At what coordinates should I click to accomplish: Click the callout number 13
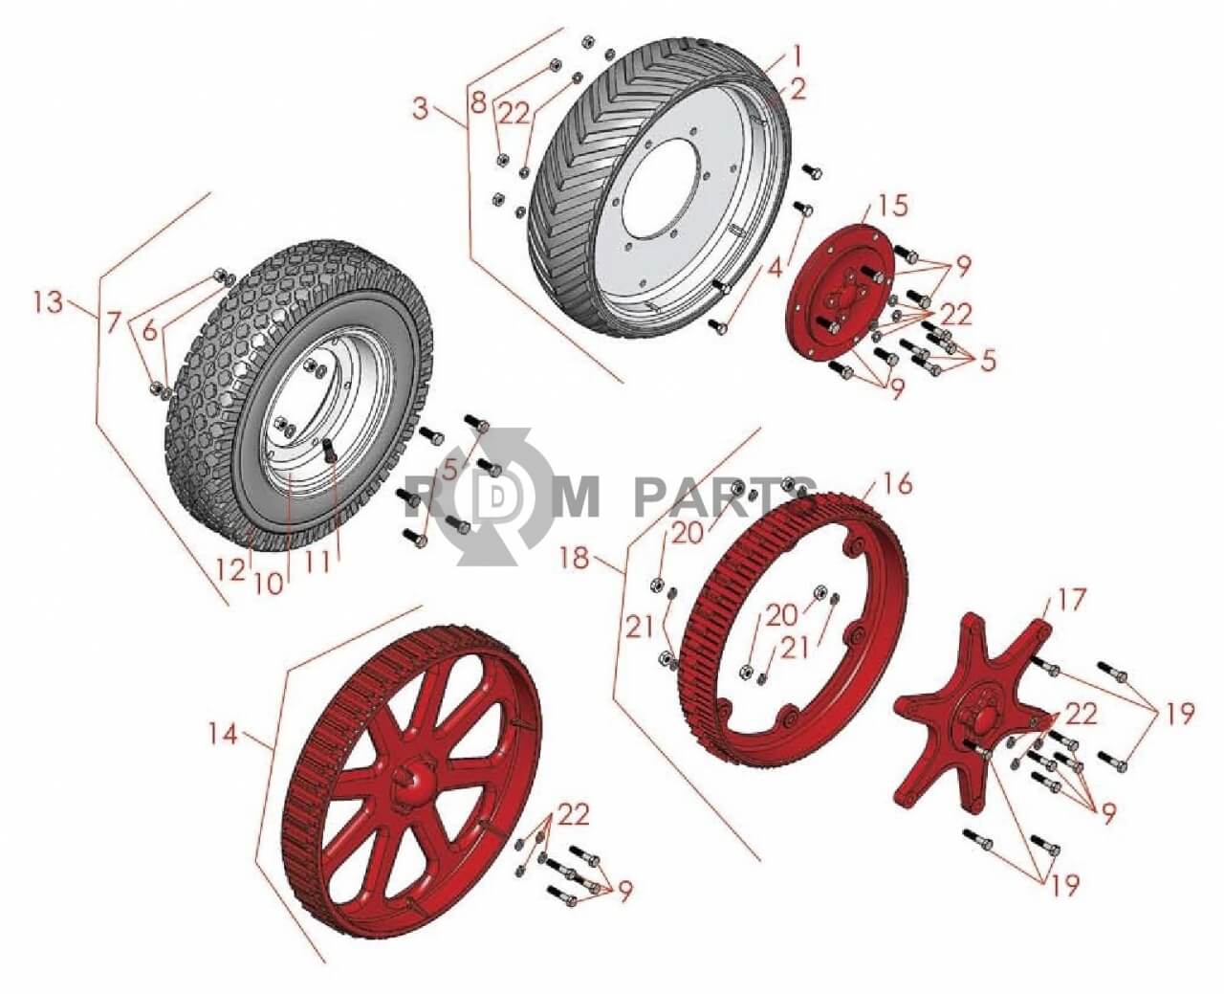point(48,301)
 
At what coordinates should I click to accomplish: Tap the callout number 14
point(223,734)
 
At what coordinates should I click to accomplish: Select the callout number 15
point(892,206)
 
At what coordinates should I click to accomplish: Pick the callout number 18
point(574,557)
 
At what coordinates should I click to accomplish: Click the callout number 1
point(798,56)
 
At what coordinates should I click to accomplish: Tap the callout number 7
point(113,322)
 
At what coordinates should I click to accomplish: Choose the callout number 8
point(478,102)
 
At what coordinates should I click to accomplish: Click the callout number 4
point(776,270)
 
